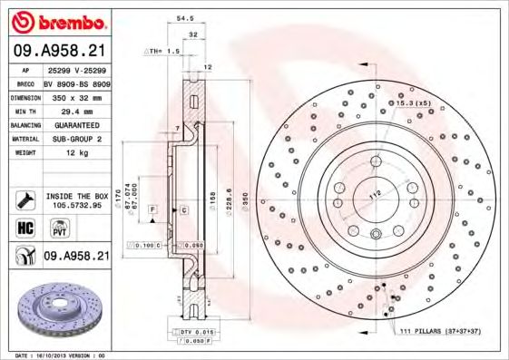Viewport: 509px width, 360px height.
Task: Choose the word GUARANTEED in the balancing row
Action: pos(72,124)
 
